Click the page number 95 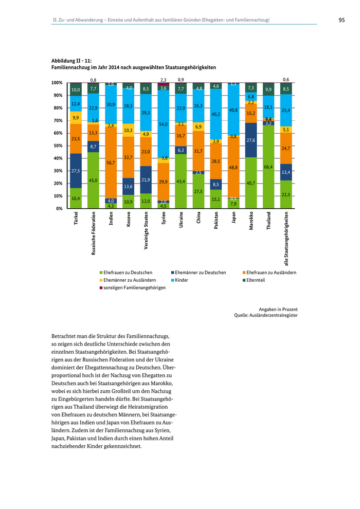point(341,20)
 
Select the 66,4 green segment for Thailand point(268,167)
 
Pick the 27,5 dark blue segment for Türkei point(76,171)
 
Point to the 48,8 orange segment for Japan point(233,168)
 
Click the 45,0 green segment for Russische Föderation point(93,180)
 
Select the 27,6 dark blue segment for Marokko point(251,140)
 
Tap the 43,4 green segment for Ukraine point(181,181)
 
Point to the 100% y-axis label point(57,83)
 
